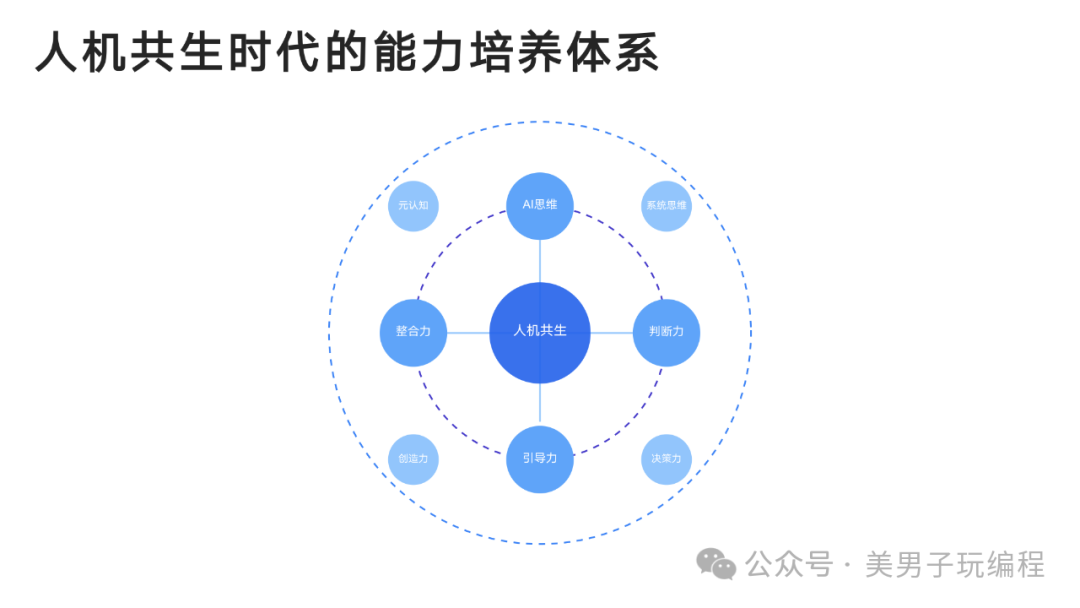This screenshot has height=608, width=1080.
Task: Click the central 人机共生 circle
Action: (x=540, y=333)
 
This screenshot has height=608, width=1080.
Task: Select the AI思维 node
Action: (x=540, y=206)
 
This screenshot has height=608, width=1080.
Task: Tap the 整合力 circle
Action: (x=413, y=333)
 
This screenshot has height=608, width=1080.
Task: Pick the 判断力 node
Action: (x=667, y=333)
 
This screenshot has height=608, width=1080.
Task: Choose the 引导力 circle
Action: (x=540, y=459)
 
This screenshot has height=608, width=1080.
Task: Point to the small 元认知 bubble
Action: (x=413, y=206)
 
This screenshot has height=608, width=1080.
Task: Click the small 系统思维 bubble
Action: (x=667, y=206)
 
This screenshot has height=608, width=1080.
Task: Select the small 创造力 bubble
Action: (x=413, y=459)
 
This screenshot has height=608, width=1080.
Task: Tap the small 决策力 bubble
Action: (x=667, y=459)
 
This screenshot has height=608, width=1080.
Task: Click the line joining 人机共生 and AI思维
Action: (x=540, y=261)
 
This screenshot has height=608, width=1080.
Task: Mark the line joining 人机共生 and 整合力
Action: (x=468, y=333)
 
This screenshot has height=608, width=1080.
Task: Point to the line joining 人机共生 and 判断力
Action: (x=612, y=333)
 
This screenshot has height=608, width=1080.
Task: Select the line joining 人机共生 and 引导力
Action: (x=540, y=404)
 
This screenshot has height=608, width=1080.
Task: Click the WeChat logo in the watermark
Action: (x=716, y=565)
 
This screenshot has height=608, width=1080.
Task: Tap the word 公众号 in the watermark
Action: (x=789, y=565)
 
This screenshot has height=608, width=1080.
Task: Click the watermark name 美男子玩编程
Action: (x=955, y=565)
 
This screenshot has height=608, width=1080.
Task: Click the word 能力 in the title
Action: (x=419, y=52)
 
